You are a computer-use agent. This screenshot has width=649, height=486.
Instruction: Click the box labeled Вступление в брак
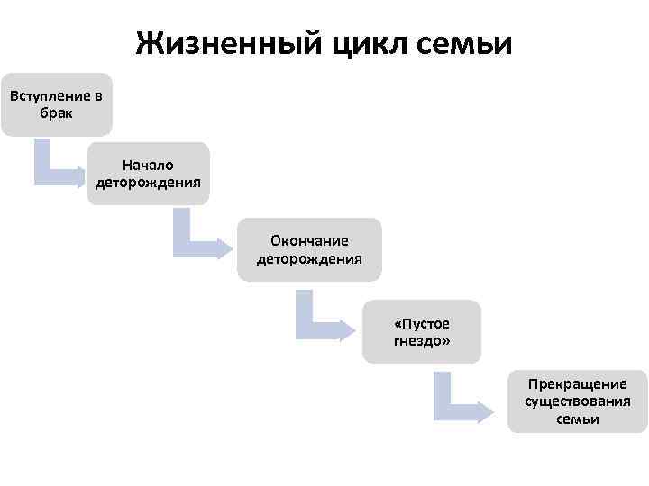coord(56,104)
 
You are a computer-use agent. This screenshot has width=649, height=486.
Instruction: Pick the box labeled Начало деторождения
coord(149,175)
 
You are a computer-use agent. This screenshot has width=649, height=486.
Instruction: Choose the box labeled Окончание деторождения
coord(309,249)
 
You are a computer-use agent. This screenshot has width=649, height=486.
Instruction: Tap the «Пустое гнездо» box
coord(422,332)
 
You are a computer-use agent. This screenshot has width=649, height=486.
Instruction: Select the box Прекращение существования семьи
coord(577,401)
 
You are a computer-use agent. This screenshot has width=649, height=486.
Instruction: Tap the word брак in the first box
coord(56,113)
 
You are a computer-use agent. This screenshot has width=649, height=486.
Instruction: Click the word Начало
coord(149,166)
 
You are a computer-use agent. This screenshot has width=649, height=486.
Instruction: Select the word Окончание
coord(309,240)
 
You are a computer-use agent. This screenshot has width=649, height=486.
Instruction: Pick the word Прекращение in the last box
coord(577,384)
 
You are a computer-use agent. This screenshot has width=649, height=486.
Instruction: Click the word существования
coord(577,401)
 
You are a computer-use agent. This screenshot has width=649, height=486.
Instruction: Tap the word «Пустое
coord(422,323)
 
